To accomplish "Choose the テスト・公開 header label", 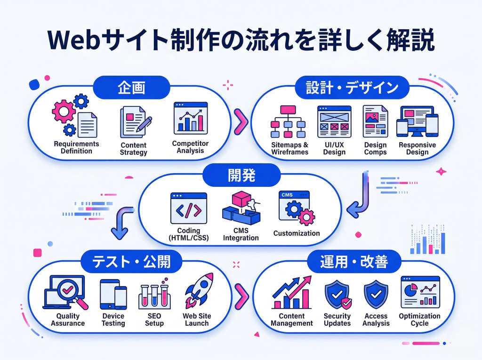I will (131, 261).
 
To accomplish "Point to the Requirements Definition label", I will (76, 147).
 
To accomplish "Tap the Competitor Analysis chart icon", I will (190, 118).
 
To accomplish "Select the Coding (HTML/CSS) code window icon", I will (188, 208).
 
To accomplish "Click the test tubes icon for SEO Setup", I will (154, 294).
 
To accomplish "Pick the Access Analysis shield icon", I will (376, 295).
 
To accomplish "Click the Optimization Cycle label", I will (419, 320).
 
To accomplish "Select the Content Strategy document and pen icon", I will (134, 120).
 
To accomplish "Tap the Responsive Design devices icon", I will (417, 121).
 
